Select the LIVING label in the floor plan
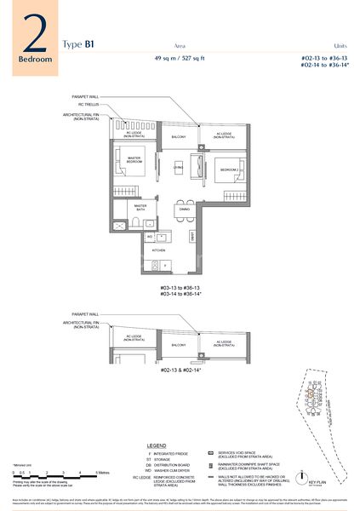click(x=180, y=168)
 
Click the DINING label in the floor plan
click(x=184, y=197)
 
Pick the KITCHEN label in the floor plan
click(x=158, y=251)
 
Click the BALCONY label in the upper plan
click(x=179, y=136)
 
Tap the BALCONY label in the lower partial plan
click(x=179, y=345)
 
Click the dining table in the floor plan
click(x=183, y=210)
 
